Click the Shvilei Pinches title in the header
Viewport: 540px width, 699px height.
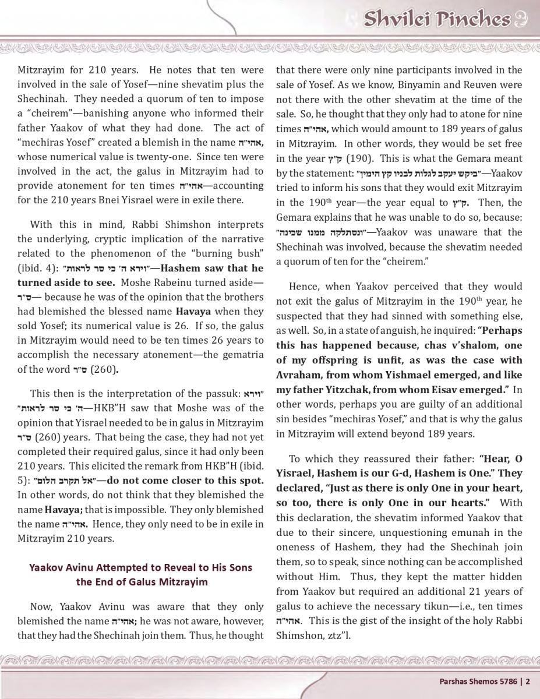coord(437,20)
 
